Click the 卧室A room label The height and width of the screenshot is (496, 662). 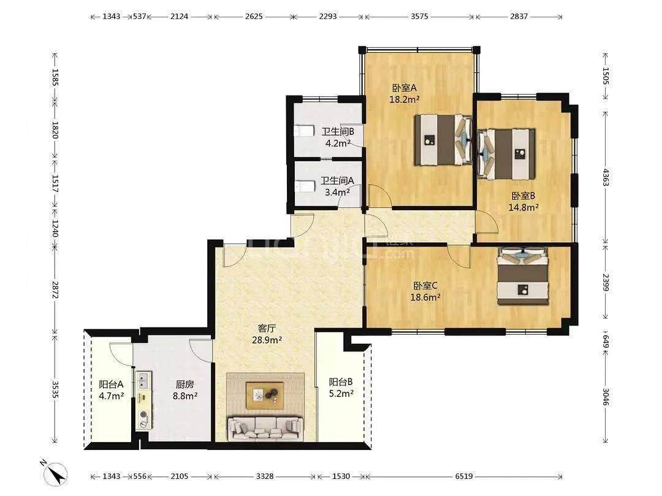coord(404,88)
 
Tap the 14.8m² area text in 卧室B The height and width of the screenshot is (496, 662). coord(523,207)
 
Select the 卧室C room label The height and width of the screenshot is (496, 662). coord(425,286)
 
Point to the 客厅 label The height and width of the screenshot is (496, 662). coord(267,328)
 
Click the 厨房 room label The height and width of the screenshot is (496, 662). coord(185,384)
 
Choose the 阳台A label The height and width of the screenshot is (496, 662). coord(111,384)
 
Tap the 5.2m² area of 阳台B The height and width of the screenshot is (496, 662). coord(341,394)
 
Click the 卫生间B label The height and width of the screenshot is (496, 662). coord(338,132)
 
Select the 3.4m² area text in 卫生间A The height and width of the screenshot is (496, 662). coord(337,193)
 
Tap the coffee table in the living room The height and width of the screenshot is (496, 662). coord(265,395)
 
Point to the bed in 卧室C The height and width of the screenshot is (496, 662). coord(523,277)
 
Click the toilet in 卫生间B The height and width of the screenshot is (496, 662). coord(304,131)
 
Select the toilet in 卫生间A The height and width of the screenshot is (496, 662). coord(305,186)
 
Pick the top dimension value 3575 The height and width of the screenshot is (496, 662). coord(419,17)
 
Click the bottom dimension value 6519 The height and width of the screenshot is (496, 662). coord(463,476)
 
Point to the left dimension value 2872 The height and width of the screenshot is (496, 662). coord(55,289)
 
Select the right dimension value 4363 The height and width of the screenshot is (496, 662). coord(606,177)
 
